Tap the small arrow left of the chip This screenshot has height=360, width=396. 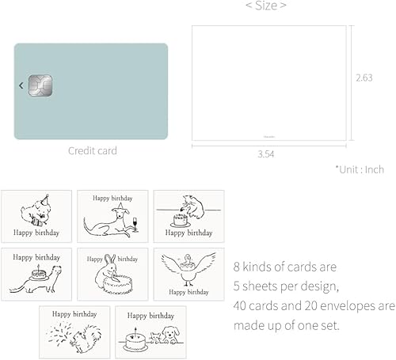pyautogui.click(x=21, y=85)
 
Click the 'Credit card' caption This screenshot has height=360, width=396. pyautogui.click(x=92, y=150)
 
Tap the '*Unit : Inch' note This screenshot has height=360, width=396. pyautogui.click(x=359, y=169)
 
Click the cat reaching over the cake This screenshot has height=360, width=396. pyautogui.click(x=191, y=203)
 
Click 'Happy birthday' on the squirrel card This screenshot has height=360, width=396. pyautogui.click(x=74, y=313)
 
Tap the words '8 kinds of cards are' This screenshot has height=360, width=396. pyautogui.click(x=284, y=267)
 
